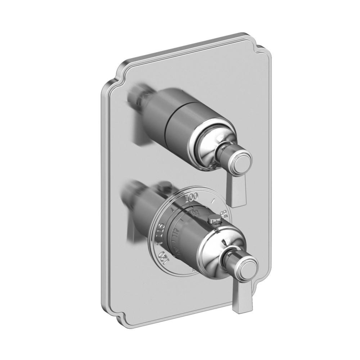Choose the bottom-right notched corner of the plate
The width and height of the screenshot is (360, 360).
[268, 284]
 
